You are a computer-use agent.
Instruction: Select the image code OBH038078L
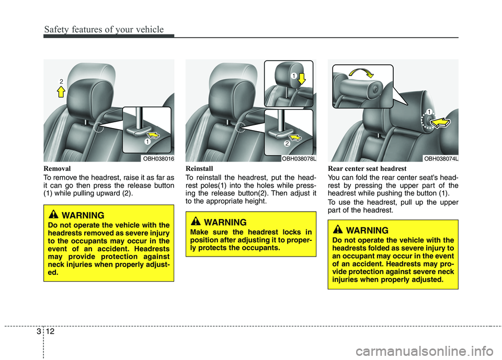click(x=299, y=158)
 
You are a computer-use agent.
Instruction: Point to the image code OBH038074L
click(x=441, y=158)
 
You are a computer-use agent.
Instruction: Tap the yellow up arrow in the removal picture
click(x=61, y=92)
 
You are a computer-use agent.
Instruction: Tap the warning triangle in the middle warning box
click(x=197, y=223)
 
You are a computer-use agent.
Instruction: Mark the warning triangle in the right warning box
click(x=339, y=230)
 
